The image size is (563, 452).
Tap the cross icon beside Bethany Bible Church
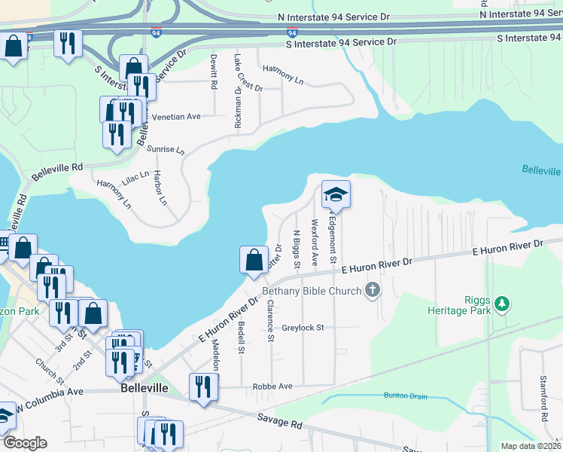point(372,290)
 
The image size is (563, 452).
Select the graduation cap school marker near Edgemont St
point(336,195)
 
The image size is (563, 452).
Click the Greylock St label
point(303,328)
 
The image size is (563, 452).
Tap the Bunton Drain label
point(385,395)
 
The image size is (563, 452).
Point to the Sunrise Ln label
point(165,150)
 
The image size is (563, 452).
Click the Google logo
point(25,443)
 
